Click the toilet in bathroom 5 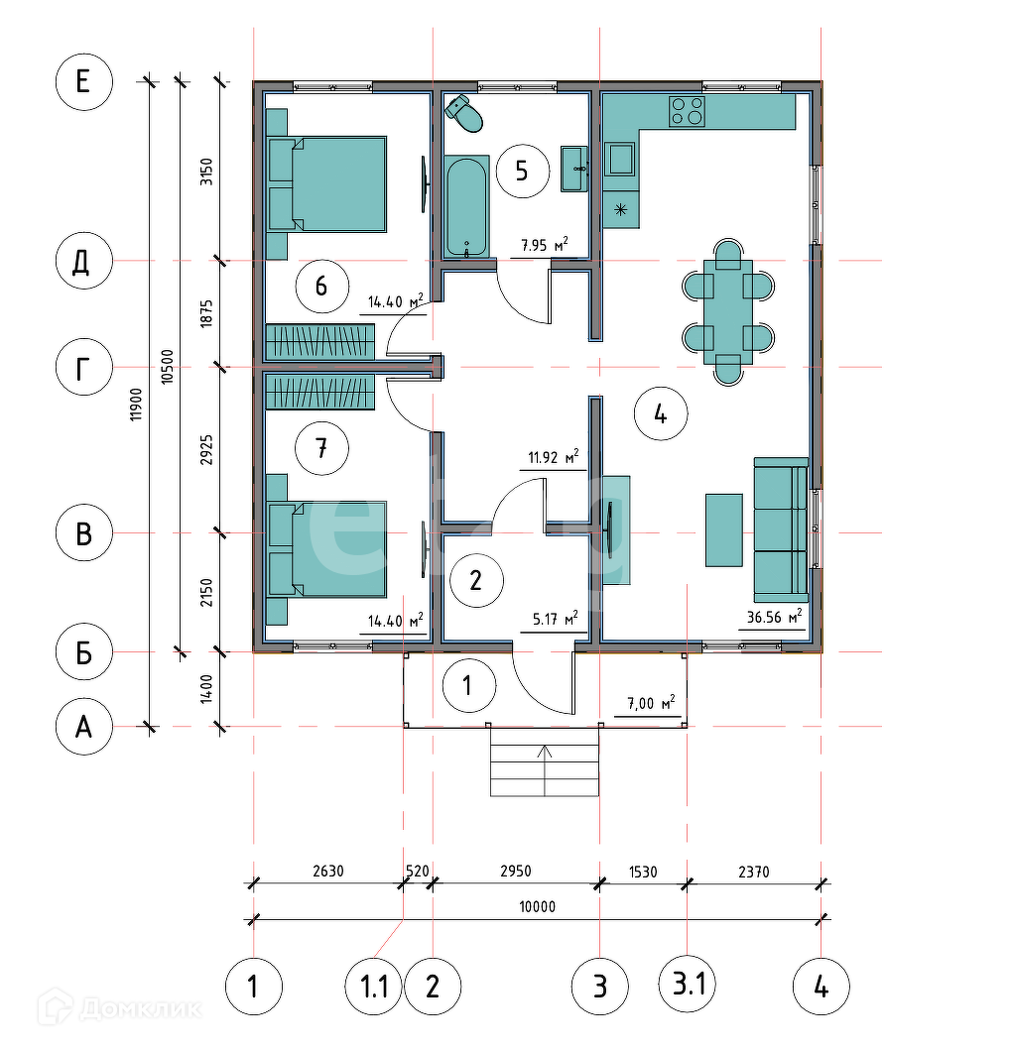pyautogui.click(x=464, y=114)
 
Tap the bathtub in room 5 pyautogui.click(x=466, y=206)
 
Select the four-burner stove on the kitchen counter pyautogui.click(x=687, y=111)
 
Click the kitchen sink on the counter pyautogui.click(x=620, y=160)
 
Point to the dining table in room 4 pyautogui.click(x=728, y=311)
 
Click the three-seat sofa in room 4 pyautogui.click(x=781, y=529)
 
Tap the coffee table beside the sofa pyautogui.click(x=724, y=530)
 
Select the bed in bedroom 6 pyautogui.click(x=326, y=184)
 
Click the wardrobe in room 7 pyautogui.click(x=320, y=392)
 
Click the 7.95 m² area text pyautogui.click(x=544, y=245)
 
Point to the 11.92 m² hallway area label pyautogui.click(x=553, y=457)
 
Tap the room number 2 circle pyautogui.click(x=476, y=580)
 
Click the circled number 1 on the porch pyautogui.click(x=469, y=686)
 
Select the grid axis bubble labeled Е pyautogui.click(x=84, y=81)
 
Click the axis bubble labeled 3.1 pyautogui.click(x=689, y=985)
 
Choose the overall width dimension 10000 pyautogui.click(x=538, y=906)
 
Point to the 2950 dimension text pyautogui.click(x=515, y=871)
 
